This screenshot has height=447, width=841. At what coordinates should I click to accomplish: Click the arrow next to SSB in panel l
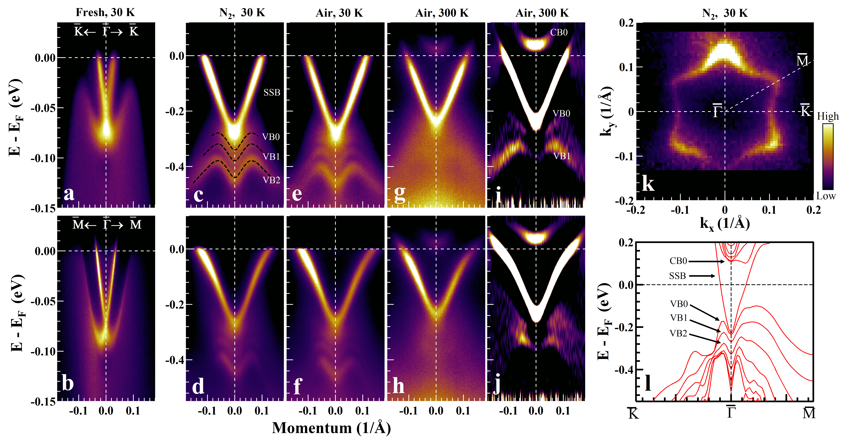[702, 276]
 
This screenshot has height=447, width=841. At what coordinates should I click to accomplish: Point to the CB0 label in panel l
[678, 261]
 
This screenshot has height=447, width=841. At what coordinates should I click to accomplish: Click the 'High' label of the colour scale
[828, 116]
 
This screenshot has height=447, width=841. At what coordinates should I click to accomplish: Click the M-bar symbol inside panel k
[802, 60]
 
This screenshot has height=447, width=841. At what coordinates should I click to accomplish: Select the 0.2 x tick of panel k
[813, 210]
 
